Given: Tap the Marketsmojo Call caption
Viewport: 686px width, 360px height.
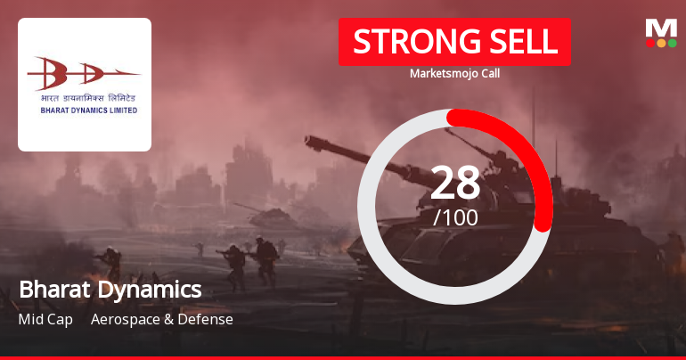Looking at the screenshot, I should pyautogui.click(x=454, y=73).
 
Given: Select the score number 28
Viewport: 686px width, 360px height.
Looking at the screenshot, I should pyautogui.click(x=455, y=183).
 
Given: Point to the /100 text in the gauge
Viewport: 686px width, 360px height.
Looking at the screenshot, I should pyautogui.click(x=455, y=217).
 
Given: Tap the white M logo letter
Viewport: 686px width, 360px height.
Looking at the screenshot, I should pyautogui.click(x=661, y=28).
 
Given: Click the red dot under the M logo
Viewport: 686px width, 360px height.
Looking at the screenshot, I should pyautogui.click(x=650, y=43).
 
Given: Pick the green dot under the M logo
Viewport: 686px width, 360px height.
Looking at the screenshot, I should pyautogui.click(x=672, y=43).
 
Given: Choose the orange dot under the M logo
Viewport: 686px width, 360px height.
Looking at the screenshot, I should pyautogui.click(x=661, y=43).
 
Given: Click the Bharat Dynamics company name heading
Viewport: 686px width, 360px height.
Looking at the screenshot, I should pyautogui.click(x=110, y=290).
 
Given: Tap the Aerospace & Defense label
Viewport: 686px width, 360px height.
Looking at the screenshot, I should pyautogui.click(x=162, y=319).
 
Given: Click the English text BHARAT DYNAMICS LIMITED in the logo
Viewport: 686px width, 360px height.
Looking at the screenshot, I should pyautogui.click(x=84, y=110).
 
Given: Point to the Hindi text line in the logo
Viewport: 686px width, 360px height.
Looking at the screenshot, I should pyautogui.click(x=84, y=96).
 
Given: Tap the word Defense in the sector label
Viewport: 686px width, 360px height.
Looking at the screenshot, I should pyautogui.click(x=206, y=319).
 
